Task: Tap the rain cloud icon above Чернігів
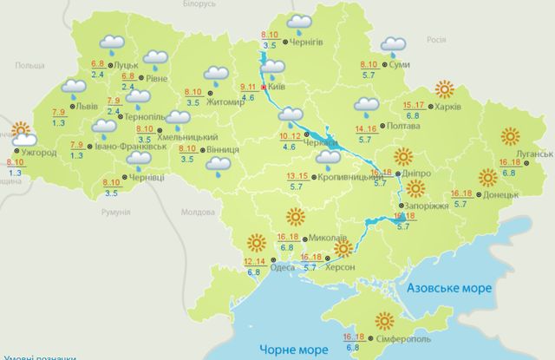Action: (x=300, y=23)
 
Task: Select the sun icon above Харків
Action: (x=445, y=88)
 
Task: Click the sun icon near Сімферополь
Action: (x=383, y=321)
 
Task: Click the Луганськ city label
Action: (x=537, y=154)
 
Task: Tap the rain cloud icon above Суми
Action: (x=393, y=46)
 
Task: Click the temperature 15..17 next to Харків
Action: (x=415, y=105)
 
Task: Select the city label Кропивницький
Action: (x=344, y=176)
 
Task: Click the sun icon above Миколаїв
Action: (x=296, y=218)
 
